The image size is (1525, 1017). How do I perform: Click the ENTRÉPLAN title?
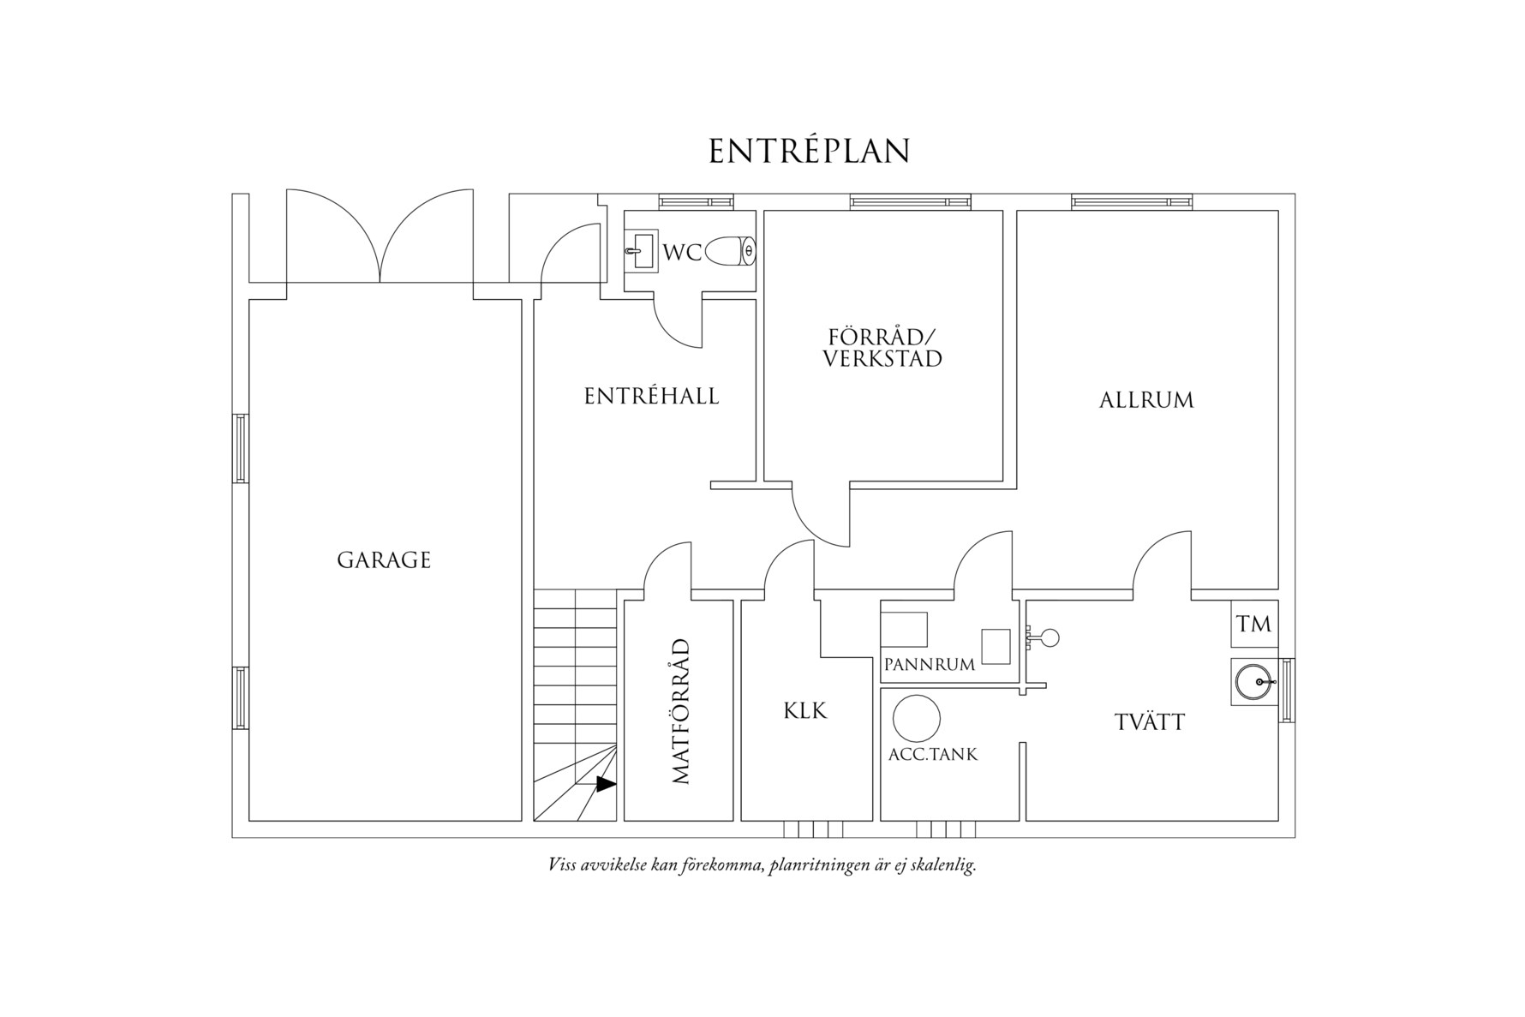(x=809, y=152)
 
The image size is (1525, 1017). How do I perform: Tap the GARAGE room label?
(x=384, y=560)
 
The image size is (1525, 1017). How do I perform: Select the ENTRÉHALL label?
(x=651, y=396)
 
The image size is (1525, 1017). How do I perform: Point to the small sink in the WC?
(x=639, y=251)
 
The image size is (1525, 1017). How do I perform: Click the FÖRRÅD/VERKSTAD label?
(x=882, y=347)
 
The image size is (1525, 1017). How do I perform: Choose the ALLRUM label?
(x=1146, y=400)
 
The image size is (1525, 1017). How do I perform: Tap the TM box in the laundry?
(x=1254, y=625)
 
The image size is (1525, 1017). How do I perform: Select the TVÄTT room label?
(x=1150, y=722)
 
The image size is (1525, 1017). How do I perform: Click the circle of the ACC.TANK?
(x=916, y=718)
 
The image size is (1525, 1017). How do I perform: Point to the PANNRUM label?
(x=930, y=664)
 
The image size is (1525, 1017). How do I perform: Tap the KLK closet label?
(x=805, y=710)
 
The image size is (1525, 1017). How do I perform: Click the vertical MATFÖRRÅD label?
(x=681, y=711)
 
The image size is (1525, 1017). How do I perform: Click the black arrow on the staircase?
(x=606, y=783)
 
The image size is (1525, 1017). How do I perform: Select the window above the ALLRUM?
(x=1131, y=201)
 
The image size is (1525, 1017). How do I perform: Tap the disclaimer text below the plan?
(x=762, y=865)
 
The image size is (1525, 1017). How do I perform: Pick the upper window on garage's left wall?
(x=241, y=448)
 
